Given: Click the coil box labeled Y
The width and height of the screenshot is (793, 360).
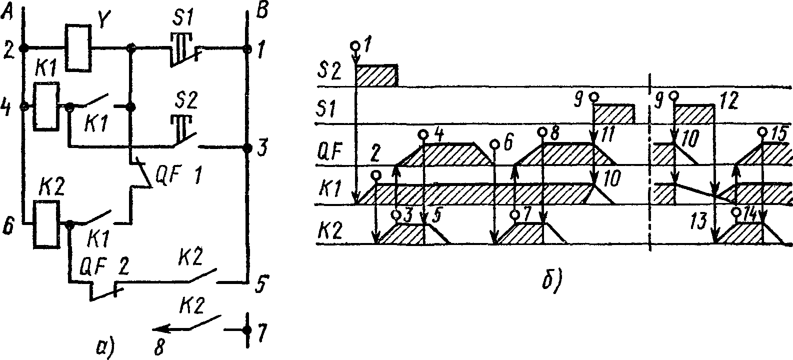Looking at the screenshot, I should pyautogui.click(x=78, y=48).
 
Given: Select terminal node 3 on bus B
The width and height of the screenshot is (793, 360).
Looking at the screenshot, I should pyautogui.click(x=246, y=148).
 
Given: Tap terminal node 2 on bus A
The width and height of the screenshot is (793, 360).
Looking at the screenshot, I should pyautogui.click(x=22, y=48).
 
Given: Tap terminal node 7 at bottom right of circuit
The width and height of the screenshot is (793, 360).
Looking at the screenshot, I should pyautogui.click(x=246, y=330).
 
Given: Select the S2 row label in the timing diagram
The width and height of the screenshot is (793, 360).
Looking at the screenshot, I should pyautogui.click(x=330, y=73).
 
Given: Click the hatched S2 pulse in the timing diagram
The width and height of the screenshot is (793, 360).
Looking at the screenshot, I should pyautogui.click(x=376, y=75).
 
